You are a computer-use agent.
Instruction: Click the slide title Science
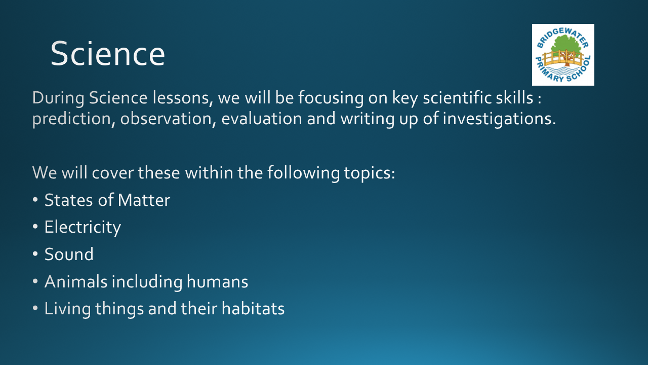[x=108, y=54]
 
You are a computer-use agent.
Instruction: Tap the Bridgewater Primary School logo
[x=563, y=55]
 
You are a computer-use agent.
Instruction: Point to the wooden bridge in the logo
[x=562, y=58]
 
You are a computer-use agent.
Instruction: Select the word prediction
[x=71, y=119]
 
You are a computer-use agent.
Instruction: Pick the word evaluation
[x=262, y=119]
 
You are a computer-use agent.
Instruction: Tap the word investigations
[x=499, y=119]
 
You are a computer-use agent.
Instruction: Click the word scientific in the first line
[x=457, y=98]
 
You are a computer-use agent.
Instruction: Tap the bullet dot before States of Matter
[x=35, y=200]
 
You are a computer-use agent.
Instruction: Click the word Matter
[x=144, y=200]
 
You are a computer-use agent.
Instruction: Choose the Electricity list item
[x=83, y=227]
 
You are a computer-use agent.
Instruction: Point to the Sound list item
[x=69, y=254]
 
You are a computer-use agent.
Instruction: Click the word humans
[x=217, y=281]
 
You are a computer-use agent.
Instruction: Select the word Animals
[x=76, y=281]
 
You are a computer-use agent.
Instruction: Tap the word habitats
[x=253, y=308]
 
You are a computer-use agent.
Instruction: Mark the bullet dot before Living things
[x=35, y=308]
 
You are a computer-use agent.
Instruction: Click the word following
[x=303, y=173]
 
